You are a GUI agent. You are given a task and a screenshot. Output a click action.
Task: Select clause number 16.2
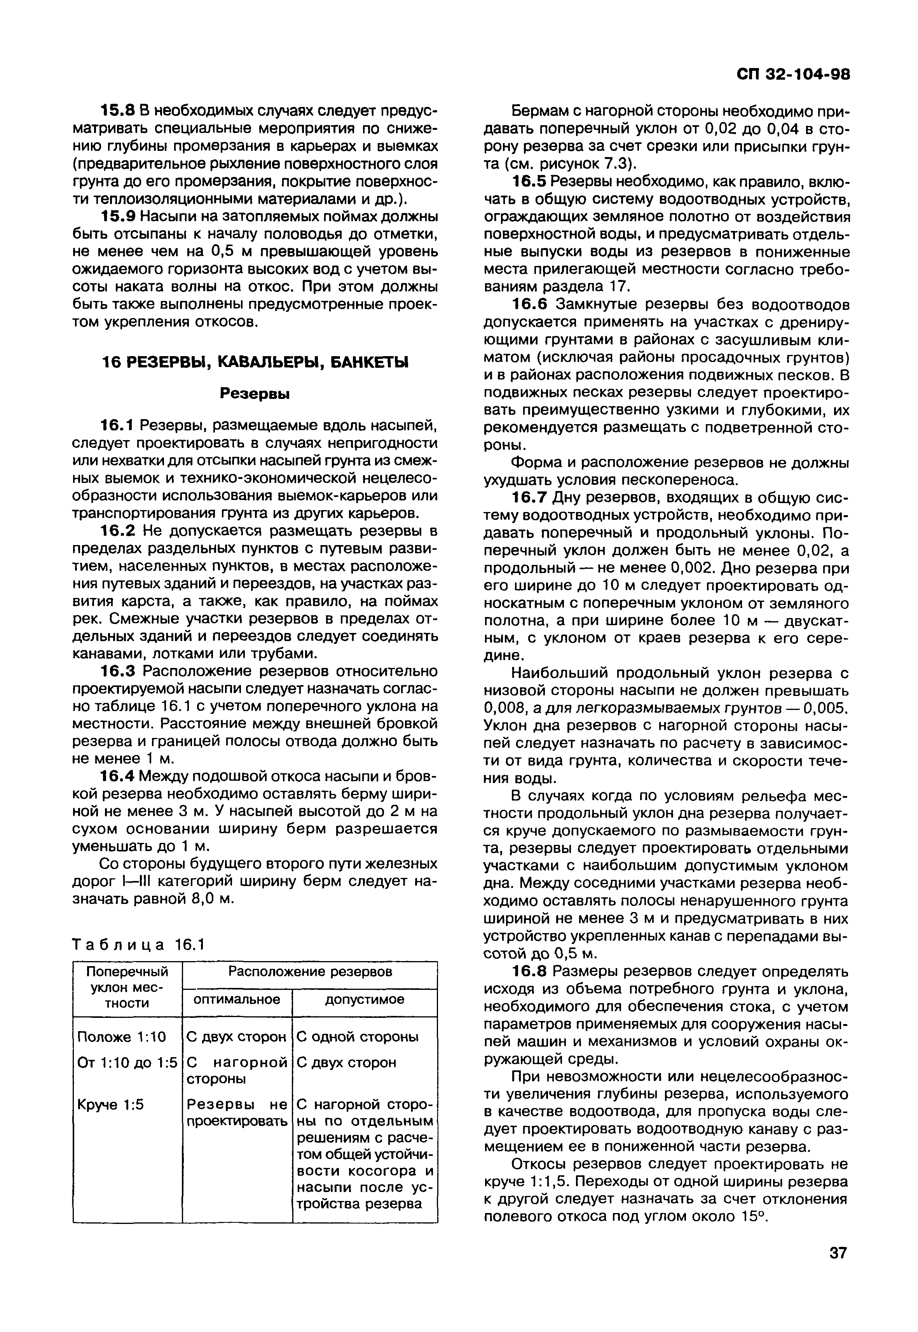(117, 531)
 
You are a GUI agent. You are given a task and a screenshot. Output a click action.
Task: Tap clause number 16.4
(117, 777)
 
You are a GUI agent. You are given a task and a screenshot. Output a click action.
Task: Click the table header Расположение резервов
(310, 972)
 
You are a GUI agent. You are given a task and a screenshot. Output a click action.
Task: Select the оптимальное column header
(237, 1000)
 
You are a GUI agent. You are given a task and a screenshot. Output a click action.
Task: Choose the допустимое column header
(365, 1000)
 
